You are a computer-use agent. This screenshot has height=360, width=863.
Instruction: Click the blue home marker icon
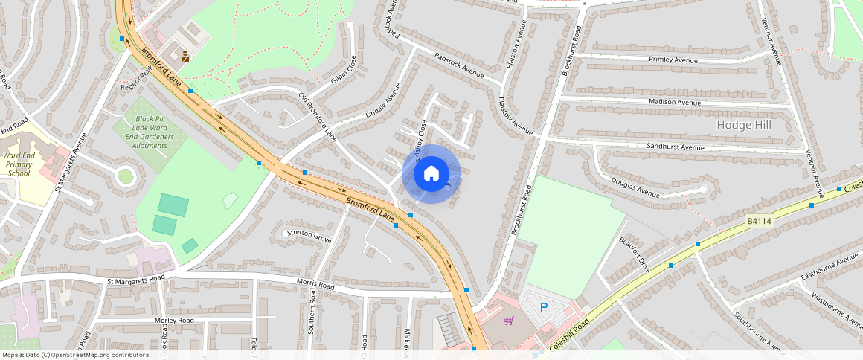(431, 174)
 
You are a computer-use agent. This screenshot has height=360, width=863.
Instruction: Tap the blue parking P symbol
(543, 306)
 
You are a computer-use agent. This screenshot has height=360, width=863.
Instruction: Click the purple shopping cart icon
(509, 321)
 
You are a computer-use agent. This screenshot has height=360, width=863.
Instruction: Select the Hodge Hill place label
(744, 125)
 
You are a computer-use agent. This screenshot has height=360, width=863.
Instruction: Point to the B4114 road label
(760, 221)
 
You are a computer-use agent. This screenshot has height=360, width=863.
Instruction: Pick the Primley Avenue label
(675, 59)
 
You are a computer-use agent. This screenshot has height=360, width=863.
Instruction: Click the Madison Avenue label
(675, 102)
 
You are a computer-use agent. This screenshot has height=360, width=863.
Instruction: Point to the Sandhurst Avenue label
(675, 147)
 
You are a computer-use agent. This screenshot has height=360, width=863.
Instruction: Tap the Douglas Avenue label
(635, 187)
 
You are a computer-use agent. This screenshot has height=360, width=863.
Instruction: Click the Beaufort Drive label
(635, 255)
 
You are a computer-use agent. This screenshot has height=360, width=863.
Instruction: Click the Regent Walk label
(136, 77)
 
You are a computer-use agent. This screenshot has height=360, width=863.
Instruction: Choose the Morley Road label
(174, 320)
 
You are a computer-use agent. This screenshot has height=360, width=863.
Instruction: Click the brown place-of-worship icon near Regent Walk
(185, 56)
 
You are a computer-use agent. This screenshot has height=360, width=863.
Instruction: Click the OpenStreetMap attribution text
(75, 355)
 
